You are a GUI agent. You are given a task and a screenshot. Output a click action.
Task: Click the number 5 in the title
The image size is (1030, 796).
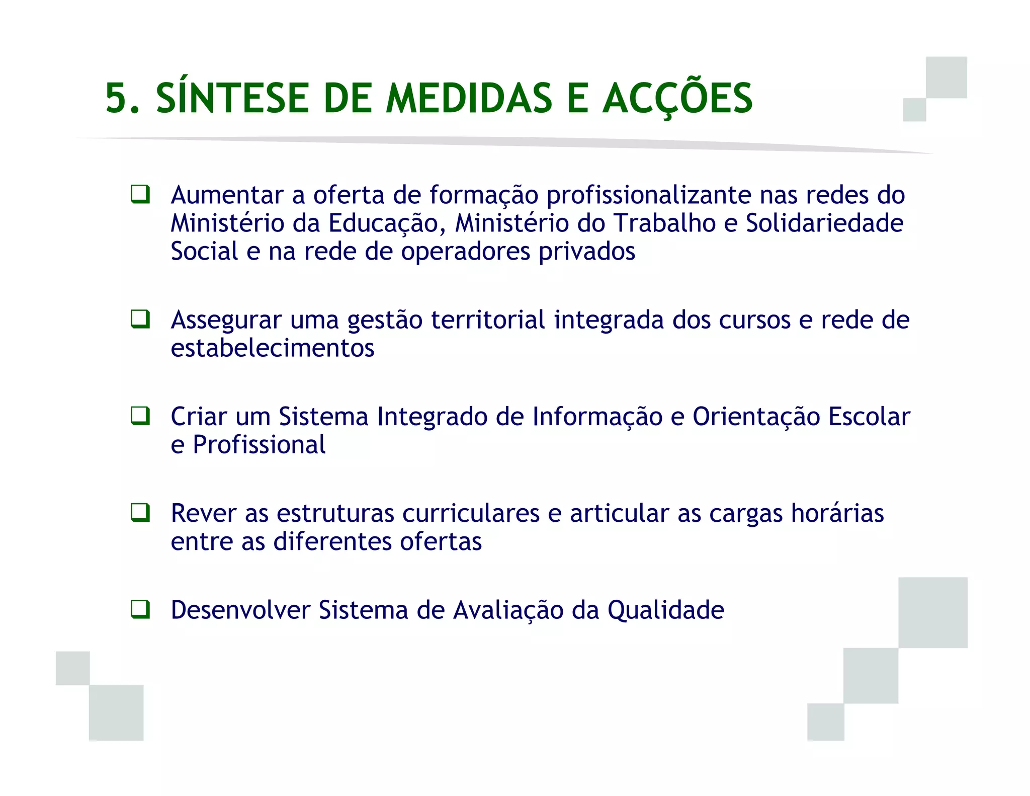coord(117,99)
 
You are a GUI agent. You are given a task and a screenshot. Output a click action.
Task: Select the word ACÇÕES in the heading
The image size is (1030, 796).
coord(677,99)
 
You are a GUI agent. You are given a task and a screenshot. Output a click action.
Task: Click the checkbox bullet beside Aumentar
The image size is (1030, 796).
coord(140,194)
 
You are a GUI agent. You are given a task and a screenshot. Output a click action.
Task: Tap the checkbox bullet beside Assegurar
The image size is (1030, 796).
coord(140,319)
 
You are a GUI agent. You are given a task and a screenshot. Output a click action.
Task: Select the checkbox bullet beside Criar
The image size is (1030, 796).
coord(140,416)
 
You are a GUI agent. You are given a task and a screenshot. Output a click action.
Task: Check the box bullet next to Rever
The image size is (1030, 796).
coord(140,513)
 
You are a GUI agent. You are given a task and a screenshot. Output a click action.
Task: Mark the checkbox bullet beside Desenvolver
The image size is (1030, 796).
coord(140,609)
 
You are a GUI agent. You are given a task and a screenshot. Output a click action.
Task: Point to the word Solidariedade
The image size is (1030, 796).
coord(824,223)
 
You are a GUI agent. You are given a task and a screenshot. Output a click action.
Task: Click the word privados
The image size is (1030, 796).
coord(587,252)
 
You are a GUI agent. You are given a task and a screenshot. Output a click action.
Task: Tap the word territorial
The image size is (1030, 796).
coord(488,320)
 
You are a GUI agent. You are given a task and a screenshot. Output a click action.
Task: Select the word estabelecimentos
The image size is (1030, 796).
coord(273,348)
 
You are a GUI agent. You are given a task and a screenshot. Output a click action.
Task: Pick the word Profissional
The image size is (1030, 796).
coord(259,445)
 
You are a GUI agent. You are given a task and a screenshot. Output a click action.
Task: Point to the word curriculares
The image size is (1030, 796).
coord(471,514)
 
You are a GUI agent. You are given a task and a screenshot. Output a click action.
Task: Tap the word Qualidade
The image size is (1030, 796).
coord(665,610)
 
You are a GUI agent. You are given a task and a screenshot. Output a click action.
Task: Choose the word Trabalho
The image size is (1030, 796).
coord(665,223)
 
